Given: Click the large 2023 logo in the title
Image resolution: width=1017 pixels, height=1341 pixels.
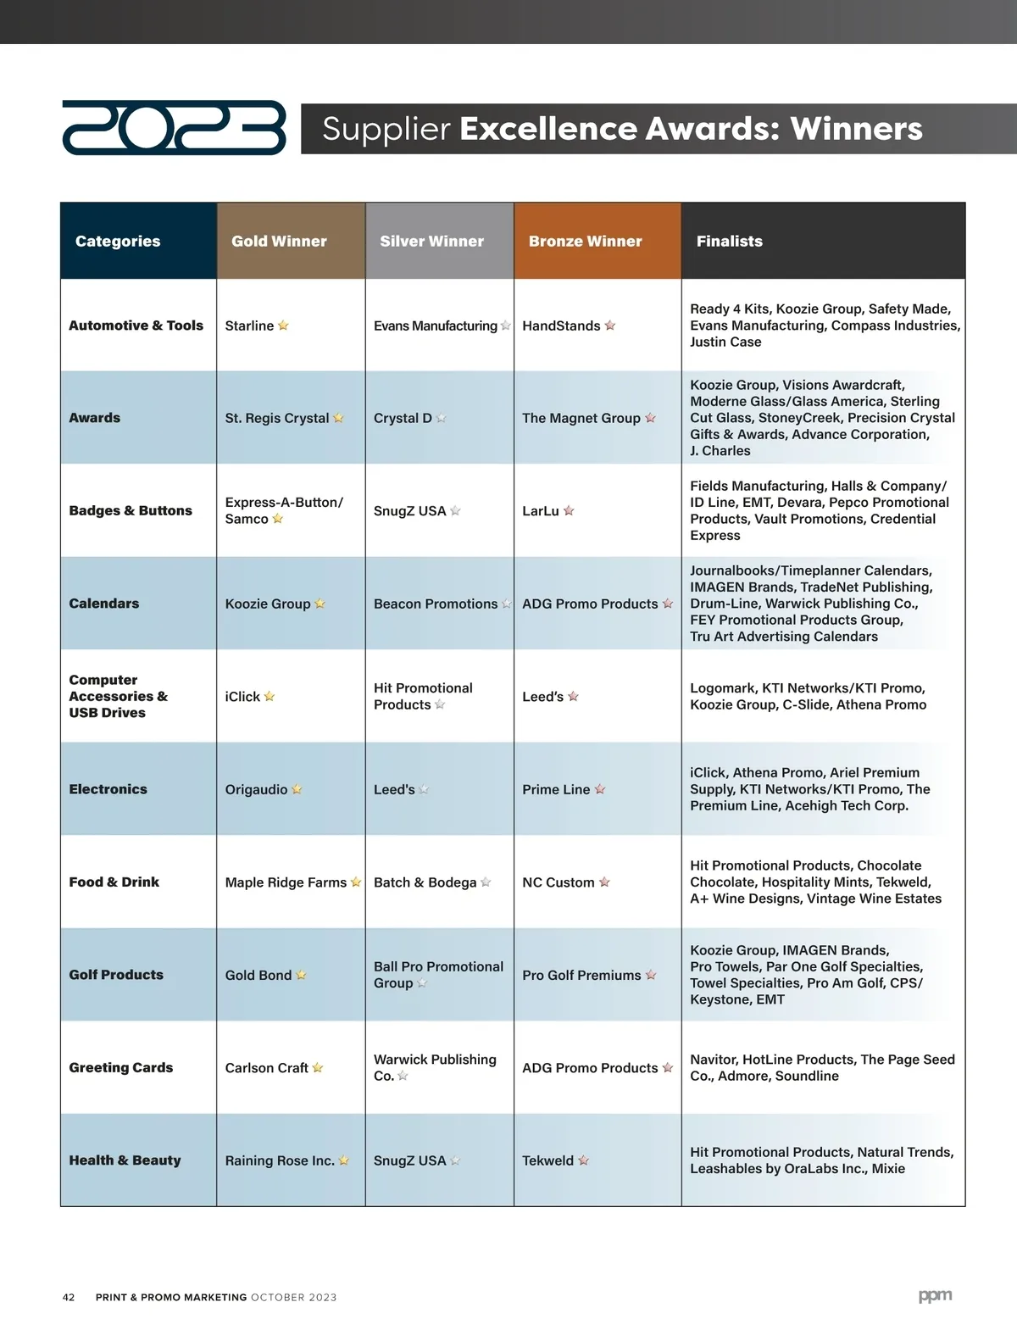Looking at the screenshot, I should pos(174,128).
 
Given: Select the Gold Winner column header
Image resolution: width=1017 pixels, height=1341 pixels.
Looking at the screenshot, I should pos(279,241).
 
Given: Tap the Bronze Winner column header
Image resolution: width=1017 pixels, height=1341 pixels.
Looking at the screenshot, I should pos(585,241).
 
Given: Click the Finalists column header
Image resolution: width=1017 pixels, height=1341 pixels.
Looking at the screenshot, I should pos(729,241).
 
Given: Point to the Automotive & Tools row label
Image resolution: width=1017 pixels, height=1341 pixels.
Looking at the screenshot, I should pos(136,326).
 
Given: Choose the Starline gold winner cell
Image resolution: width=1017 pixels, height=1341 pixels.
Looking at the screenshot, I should pos(249,326).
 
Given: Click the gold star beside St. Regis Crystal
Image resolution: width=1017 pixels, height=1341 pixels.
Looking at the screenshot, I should pos(339,418).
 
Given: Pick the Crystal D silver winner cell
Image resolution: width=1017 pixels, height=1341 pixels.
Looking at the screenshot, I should pos(403,418).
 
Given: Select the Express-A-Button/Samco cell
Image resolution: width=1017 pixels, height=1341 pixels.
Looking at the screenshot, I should pos(283,510).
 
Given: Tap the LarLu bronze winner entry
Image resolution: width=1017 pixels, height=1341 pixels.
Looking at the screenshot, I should pos(541,511).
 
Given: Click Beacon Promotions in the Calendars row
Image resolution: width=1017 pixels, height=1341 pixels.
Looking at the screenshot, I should pos(436,604).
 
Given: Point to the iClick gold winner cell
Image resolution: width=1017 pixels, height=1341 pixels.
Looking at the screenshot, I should pos(242,697).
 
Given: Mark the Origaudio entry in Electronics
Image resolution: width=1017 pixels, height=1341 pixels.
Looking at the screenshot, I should pos(256,789).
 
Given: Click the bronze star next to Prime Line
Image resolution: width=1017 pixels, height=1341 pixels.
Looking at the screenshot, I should pos(600,789).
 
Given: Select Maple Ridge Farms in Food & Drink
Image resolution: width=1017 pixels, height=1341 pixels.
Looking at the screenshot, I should pos(286,882).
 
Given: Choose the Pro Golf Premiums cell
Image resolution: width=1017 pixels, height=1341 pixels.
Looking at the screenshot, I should pos(581,976).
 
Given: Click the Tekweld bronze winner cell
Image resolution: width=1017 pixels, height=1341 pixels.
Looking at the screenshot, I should pos(547,1160).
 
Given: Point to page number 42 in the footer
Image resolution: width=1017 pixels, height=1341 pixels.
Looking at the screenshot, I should pos(69,1297).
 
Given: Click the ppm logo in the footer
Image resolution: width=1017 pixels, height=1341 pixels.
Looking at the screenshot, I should pos(935,1295).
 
